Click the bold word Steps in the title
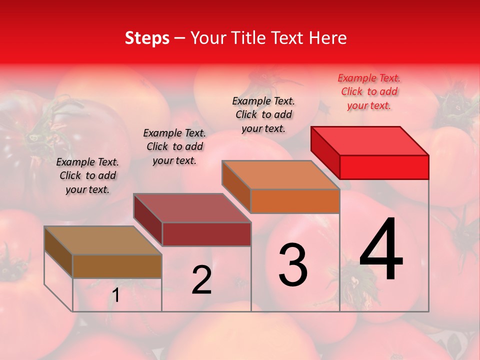[147, 38]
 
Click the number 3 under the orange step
[293, 265]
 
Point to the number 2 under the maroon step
[201, 280]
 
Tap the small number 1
[115, 296]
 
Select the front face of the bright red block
[384, 167]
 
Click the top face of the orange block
[281, 175]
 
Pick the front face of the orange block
[295, 201]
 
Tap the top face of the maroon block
[192, 208]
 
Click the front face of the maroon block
[206, 234]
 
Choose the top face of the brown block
[103, 240]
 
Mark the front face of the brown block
[117, 266]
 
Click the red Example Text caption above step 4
[369, 91]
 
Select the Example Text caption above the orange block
[263, 114]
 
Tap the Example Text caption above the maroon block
[174, 146]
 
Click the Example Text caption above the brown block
[87, 175]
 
